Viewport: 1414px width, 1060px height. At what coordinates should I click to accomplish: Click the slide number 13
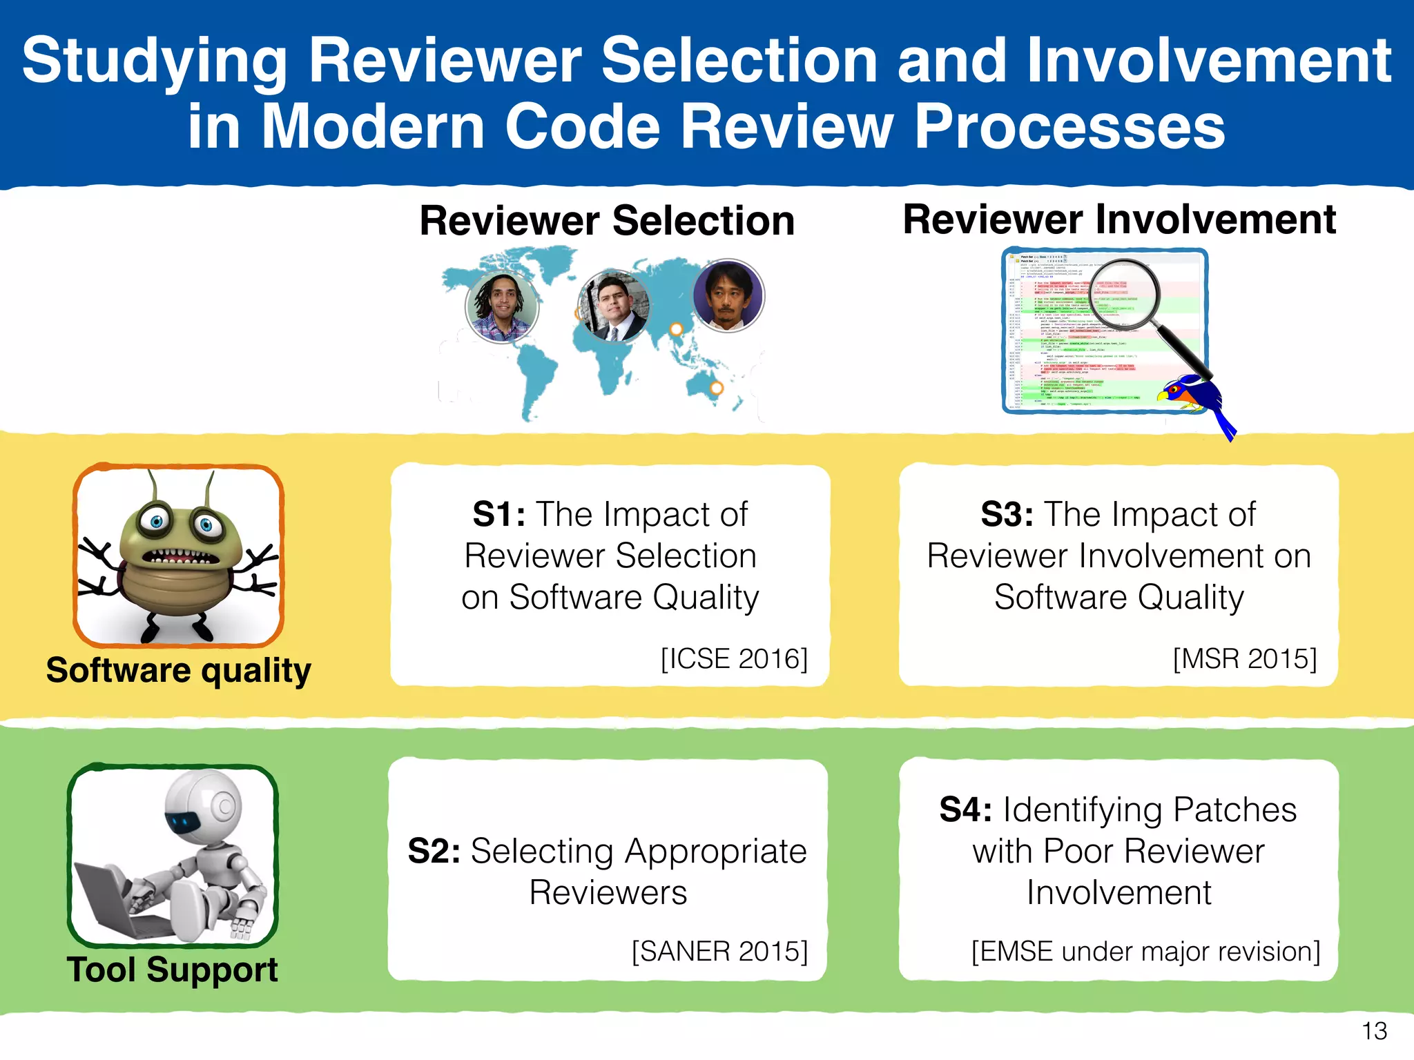point(1374,1031)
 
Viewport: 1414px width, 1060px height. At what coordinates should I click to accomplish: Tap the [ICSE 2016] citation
point(734,658)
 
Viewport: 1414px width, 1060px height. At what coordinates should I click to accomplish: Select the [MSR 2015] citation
point(1244,658)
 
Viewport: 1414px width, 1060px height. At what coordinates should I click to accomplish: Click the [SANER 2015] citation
point(719,951)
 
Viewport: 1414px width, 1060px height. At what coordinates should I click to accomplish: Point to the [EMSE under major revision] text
point(1145,951)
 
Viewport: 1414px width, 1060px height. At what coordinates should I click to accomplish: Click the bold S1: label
point(498,514)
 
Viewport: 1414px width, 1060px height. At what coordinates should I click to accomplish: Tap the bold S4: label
point(966,809)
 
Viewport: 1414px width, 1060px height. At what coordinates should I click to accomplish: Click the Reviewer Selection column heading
point(607,221)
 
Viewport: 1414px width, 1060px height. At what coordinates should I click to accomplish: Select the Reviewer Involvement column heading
point(1119,219)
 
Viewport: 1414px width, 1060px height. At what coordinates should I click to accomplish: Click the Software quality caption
point(178,670)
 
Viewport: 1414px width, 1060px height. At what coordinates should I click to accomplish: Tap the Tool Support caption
point(172,970)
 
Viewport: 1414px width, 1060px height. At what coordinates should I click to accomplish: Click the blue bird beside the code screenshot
point(1198,400)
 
